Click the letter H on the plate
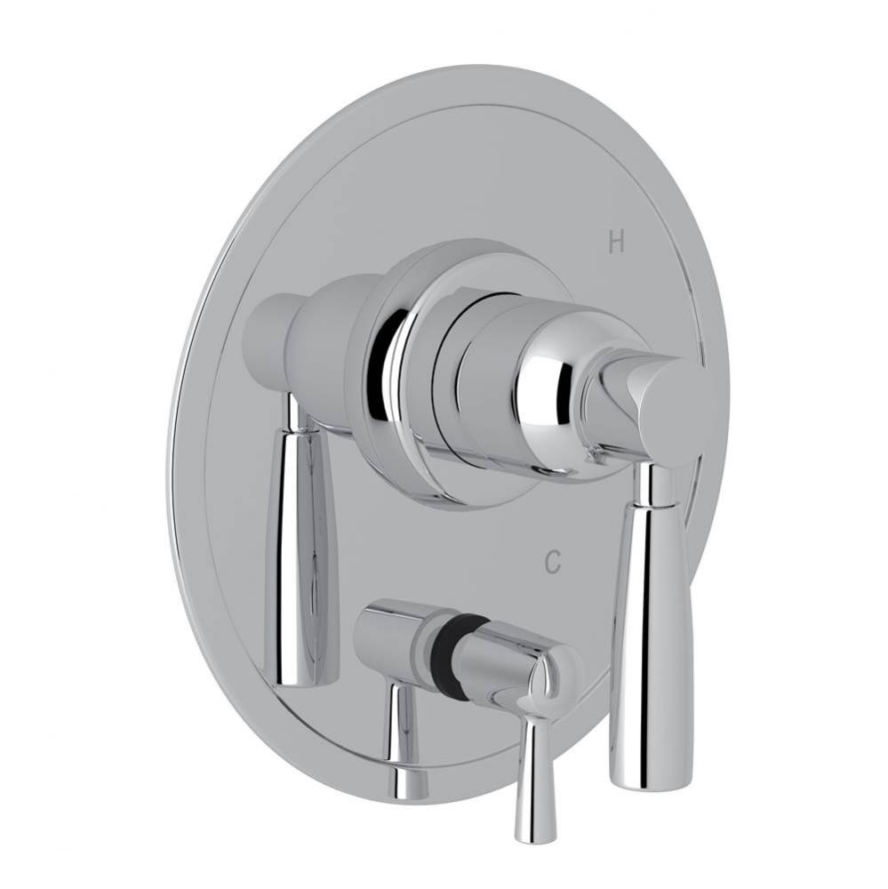[x=615, y=241]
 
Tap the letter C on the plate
[x=553, y=562]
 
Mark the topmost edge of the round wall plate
[x=480, y=66]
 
